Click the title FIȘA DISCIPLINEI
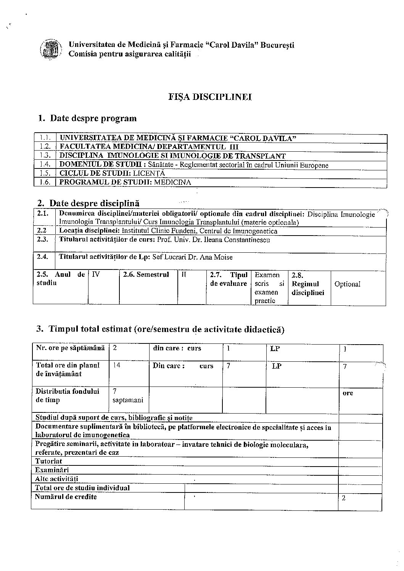pyautogui.click(x=210, y=97)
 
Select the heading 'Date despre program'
pyautogui.click(x=93, y=118)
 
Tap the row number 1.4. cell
pyautogui.click(x=45, y=165)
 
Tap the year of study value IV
pyautogui.click(x=96, y=274)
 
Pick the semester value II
pyautogui.click(x=183, y=274)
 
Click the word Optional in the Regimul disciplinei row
pyautogui.click(x=347, y=284)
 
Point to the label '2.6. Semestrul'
pyautogui.click(x=146, y=274)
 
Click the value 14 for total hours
pyautogui.click(x=117, y=365)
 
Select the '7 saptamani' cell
pyautogui.click(x=128, y=396)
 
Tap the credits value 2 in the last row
pyautogui.click(x=344, y=498)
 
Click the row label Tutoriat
pyautogui.click(x=48, y=461)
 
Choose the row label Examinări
pyautogui.click(x=52, y=470)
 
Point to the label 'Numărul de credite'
pyautogui.click(x=66, y=497)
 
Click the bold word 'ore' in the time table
pyautogui.click(x=348, y=393)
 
